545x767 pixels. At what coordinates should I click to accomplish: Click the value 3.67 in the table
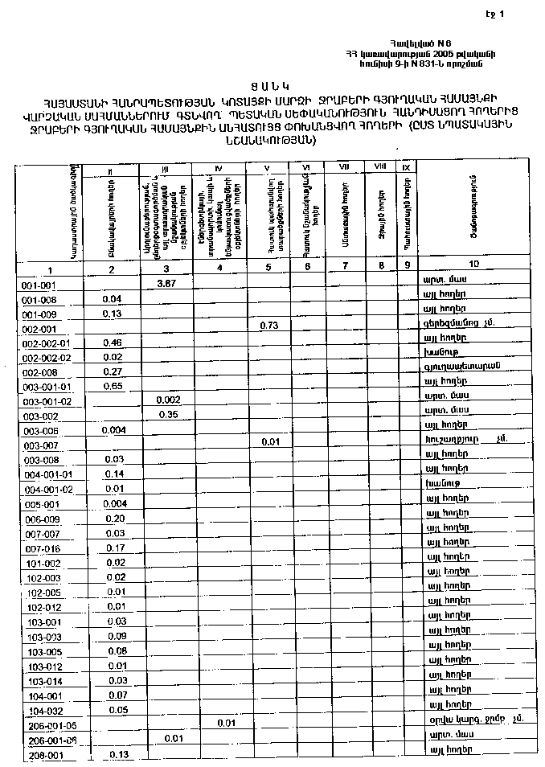pos(166,284)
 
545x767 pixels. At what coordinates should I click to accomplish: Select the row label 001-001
pos(39,285)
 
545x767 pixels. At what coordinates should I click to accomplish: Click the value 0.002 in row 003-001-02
pos(168,400)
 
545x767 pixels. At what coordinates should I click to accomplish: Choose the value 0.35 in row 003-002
pos(168,415)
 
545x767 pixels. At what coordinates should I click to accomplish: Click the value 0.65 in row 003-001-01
pos(113,386)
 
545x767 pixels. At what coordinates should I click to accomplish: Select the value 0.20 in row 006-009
pos(114,519)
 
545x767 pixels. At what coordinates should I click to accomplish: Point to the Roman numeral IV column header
pos(219,167)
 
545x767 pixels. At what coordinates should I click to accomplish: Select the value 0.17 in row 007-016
pos(115,548)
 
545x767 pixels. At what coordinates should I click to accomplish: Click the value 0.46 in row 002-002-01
pos(113,342)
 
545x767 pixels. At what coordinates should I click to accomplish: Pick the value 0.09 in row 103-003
pos(116,636)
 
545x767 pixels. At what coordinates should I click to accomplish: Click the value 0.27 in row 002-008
pos(113,371)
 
